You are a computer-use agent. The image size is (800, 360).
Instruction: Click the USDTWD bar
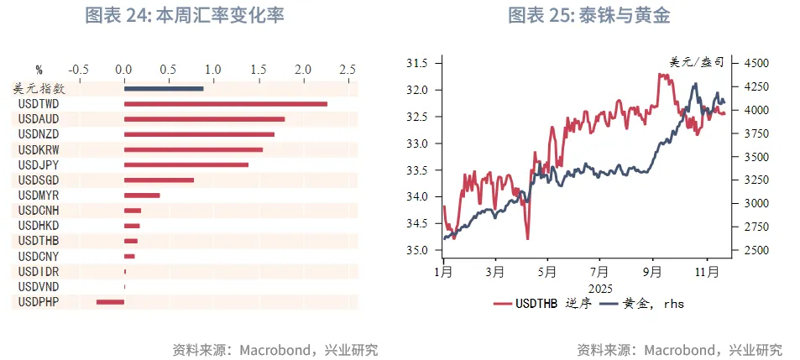225,104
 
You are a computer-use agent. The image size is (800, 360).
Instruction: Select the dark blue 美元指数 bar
164,88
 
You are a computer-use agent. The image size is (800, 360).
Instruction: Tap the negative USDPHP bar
110,301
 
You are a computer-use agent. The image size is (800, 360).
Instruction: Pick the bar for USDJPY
186,164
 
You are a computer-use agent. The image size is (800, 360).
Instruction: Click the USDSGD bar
159,180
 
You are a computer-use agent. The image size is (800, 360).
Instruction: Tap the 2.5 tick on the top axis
347,69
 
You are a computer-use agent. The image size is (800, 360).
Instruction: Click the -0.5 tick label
79,69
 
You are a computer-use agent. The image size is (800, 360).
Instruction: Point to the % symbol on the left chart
39,69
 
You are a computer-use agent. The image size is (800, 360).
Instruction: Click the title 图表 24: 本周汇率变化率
185,17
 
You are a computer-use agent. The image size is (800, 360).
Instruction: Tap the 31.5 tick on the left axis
417,63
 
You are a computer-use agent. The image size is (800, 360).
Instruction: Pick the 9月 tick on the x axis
651,272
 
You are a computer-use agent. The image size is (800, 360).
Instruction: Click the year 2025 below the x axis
599,287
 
